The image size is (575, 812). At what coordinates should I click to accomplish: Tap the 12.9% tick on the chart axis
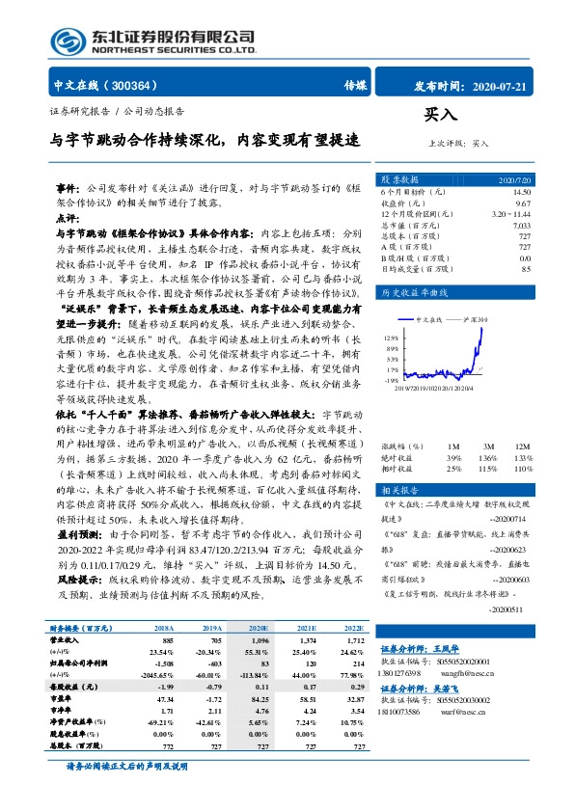coord(391,338)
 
